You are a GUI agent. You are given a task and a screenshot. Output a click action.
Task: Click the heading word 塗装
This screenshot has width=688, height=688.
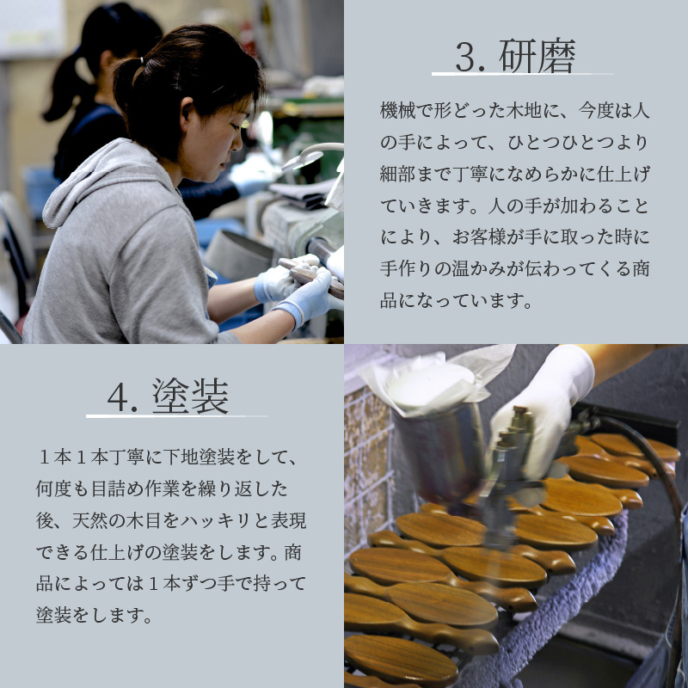point(190,396)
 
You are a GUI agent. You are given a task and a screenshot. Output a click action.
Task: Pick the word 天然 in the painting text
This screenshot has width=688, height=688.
point(95,520)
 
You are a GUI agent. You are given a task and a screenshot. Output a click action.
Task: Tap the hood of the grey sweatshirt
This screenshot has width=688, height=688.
point(82,185)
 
